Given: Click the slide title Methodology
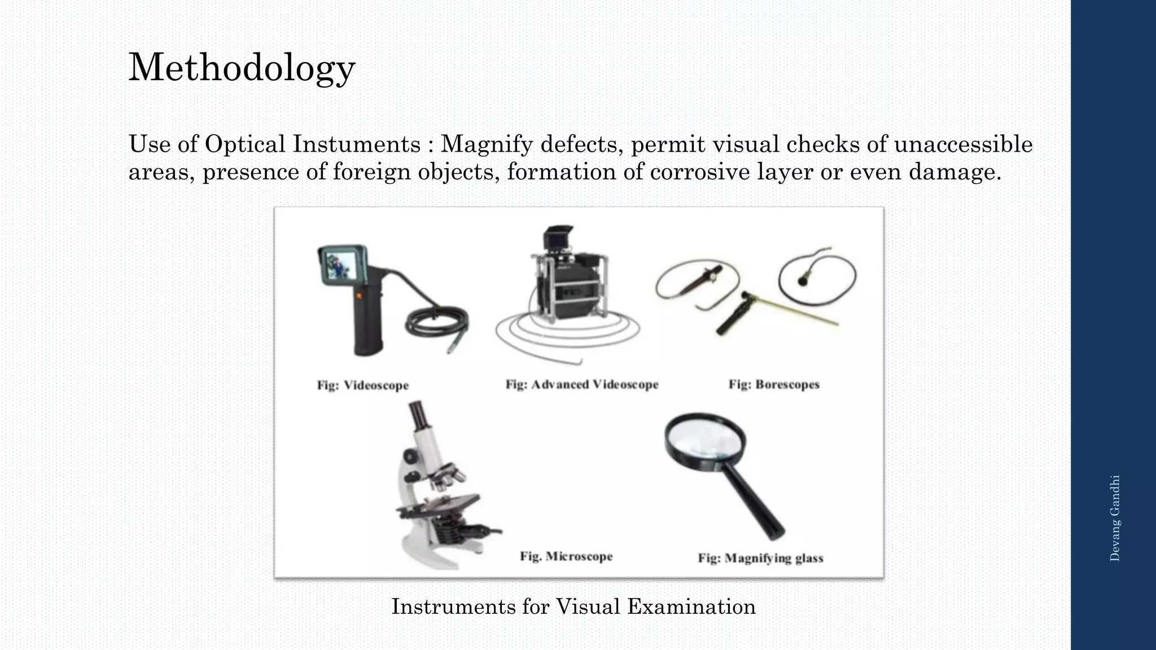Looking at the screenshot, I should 242,68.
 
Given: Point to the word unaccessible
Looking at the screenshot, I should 963,144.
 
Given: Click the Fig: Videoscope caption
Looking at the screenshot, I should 362,385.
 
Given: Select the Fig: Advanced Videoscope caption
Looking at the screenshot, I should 581,384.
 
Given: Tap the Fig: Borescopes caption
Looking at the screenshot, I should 773,384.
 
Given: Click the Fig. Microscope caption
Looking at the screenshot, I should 566,556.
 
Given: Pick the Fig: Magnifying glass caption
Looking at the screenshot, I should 760,558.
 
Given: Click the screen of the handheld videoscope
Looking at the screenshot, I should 339,265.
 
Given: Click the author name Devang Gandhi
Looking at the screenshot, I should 1114,518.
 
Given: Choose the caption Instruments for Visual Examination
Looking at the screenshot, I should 573,607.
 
